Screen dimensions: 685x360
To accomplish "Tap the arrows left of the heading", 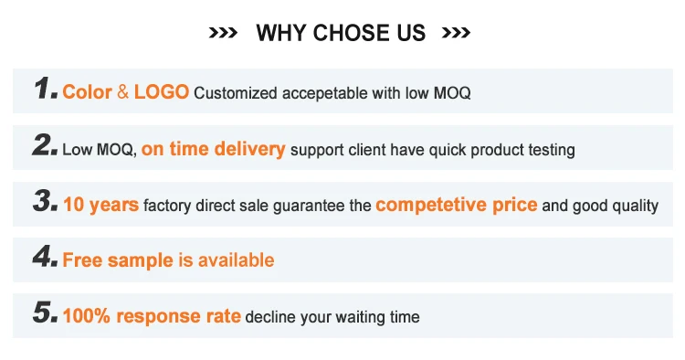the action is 223,33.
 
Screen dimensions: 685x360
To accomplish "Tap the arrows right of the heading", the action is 456,33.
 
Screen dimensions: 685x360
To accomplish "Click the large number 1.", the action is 46,88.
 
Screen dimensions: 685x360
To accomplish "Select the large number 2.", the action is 45,144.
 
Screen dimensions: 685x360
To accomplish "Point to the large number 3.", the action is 46,201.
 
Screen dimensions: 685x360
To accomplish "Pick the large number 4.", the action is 45,257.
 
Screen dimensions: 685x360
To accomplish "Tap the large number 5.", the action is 46,312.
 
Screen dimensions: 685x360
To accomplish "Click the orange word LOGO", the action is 161,92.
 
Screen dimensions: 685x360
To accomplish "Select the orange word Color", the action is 88,92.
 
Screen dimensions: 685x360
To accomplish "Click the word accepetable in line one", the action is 325,93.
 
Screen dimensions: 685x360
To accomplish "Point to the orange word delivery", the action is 250,149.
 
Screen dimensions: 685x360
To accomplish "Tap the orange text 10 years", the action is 100,205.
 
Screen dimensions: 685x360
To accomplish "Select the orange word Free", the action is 83,260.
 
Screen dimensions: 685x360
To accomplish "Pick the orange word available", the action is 237,260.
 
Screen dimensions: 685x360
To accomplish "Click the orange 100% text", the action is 87,316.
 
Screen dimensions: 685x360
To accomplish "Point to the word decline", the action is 270,317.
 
